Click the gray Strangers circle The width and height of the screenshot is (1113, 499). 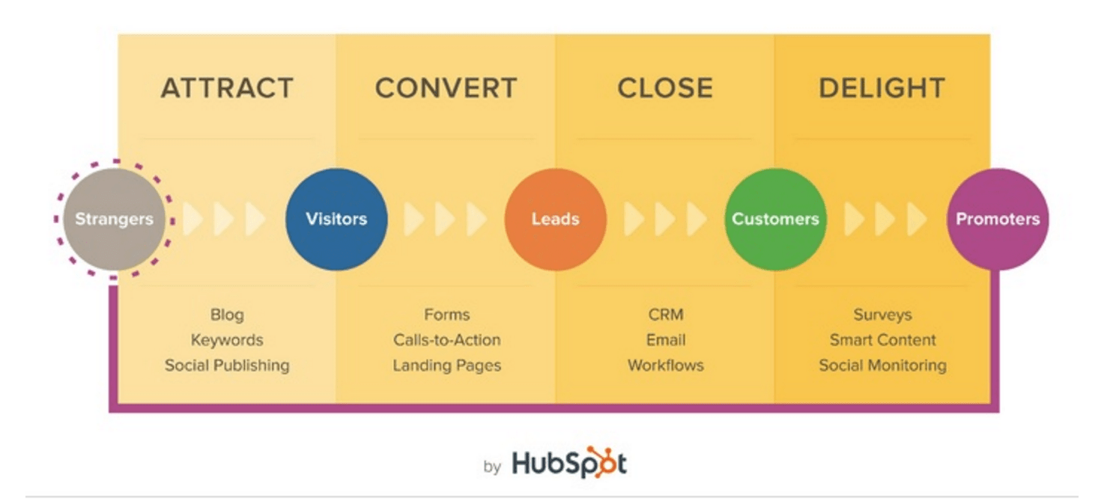[114, 220]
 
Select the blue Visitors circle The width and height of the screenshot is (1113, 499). [336, 220]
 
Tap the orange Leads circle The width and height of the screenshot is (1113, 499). [556, 220]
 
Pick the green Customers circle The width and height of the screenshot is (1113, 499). [775, 220]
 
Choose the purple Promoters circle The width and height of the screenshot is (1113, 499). [998, 220]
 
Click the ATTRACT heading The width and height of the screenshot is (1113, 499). [227, 88]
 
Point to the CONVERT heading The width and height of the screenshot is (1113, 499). [446, 88]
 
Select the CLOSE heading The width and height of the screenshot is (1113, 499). [665, 88]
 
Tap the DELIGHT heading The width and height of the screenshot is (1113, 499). [882, 88]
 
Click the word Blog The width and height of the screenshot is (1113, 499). [227, 315]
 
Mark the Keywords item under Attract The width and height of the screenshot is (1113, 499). [227, 340]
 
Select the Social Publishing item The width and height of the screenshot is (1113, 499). [227, 366]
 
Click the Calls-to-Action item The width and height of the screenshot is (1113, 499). [446, 340]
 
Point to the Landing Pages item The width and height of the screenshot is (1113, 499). [446, 366]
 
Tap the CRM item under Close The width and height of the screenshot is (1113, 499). [666, 315]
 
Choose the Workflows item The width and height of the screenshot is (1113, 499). [666, 366]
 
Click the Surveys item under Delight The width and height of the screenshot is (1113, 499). [882, 315]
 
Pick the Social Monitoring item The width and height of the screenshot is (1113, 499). [882, 366]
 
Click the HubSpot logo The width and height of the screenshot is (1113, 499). [569, 463]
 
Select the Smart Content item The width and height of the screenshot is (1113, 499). [882, 340]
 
